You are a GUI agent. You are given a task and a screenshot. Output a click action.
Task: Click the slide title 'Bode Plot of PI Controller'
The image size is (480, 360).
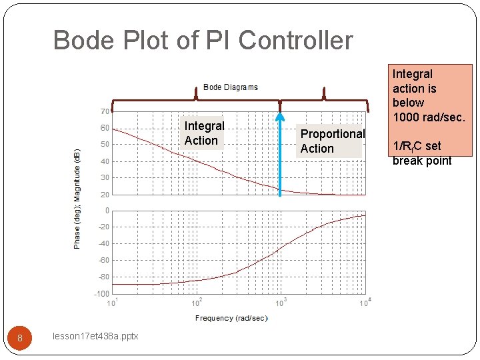[x=203, y=41]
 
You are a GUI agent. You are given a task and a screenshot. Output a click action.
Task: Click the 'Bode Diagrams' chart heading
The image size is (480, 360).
[x=230, y=87]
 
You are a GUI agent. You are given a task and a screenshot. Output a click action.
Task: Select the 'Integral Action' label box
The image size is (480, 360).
[x=204, y=133]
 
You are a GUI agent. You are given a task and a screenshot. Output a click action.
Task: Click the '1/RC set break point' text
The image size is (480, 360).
[x=422, y=153]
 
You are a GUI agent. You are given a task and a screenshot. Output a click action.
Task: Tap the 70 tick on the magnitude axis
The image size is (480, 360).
[x=105, y=111]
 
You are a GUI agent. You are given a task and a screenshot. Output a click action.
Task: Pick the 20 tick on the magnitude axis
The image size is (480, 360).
[x=105, y=195]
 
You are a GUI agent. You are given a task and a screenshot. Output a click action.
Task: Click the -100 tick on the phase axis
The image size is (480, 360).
[x=102, y=293]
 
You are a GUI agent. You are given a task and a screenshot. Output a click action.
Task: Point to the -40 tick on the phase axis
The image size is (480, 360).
[x=103, y=243]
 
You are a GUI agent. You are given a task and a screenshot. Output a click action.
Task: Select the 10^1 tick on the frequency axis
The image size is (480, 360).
[x=113, y=303]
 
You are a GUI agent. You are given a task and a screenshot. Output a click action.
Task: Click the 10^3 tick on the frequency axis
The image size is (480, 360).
[x=281, y=303]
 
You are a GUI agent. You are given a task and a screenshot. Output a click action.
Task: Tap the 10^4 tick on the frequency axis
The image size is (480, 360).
[x=364, y=303]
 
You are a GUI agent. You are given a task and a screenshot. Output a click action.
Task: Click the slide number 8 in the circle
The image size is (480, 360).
[x=20, y=338]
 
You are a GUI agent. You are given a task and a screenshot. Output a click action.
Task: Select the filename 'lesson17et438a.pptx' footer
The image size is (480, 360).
[x=95, y=337]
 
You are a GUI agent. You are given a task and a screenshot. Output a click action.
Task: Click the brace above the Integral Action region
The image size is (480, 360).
[x=196, y=100]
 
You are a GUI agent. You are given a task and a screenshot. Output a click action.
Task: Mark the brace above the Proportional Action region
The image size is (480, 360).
[x=324, y=100]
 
